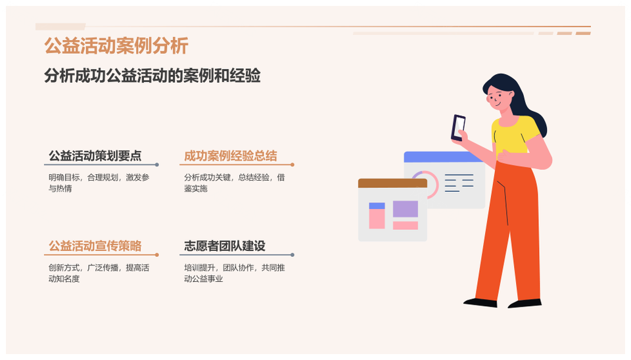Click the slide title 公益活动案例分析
point(116,46)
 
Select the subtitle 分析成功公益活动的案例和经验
point(152,76)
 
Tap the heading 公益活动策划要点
point(95,156)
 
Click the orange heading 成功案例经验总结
point(230,156)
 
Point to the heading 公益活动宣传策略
point(95,246)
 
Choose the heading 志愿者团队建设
point(224,246)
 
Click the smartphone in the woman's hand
point(457,127)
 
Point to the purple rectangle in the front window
point(405,209)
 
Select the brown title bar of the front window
point(392,183)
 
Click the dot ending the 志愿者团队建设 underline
point(292,255)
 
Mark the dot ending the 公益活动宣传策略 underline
point(157,255)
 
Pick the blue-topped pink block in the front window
point(377,215)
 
